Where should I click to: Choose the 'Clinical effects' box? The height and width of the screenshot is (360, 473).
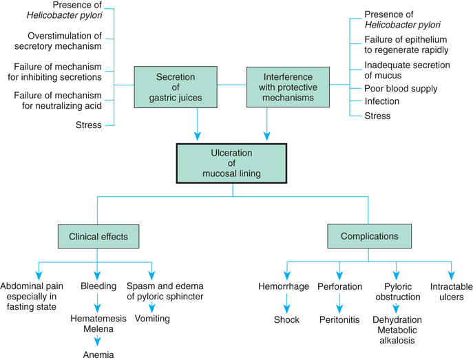98,237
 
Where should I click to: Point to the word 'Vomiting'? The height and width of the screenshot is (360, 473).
153,319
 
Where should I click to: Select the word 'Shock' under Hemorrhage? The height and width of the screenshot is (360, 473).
286,319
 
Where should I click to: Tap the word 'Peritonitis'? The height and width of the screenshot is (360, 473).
339,319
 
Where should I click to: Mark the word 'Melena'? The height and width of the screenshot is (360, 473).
97,331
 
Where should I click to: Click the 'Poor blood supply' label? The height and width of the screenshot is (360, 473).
401,88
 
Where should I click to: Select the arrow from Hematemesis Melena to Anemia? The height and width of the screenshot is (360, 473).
97,341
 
